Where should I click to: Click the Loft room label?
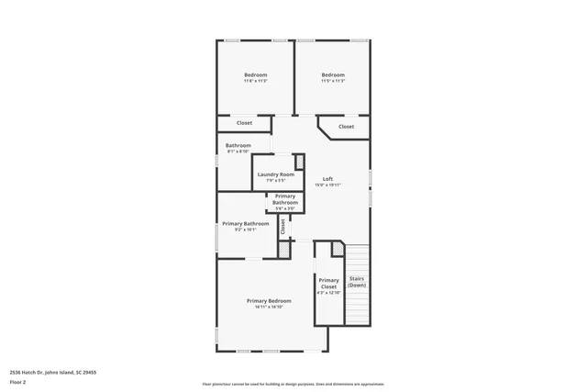(x=327, y=178)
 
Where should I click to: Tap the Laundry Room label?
(x=275, y=174)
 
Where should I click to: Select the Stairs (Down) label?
(x=357, y=282)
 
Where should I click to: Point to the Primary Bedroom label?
(x=269, y=301)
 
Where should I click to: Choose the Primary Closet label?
(x=328, y=283)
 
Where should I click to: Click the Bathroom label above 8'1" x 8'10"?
(x=238, y=145)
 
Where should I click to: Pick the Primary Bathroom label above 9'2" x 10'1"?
(x=246, y=223)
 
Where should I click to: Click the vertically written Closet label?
(x=282, y=225)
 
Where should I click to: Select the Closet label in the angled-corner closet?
(x=346, y=127)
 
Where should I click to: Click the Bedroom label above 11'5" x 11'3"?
(x=333, y=74)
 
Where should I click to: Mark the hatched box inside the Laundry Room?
(x=298, y=162)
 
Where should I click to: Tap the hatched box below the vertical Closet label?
(x=284, y=248)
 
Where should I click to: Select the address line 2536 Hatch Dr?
(x=53, y=372)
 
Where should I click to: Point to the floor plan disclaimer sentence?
(x=293, y=384)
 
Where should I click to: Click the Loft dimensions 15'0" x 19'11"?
(x=327, y=185)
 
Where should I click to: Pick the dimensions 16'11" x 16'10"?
(x=269, y=307)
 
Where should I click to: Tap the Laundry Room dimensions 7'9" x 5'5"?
(x=275, y=180)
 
